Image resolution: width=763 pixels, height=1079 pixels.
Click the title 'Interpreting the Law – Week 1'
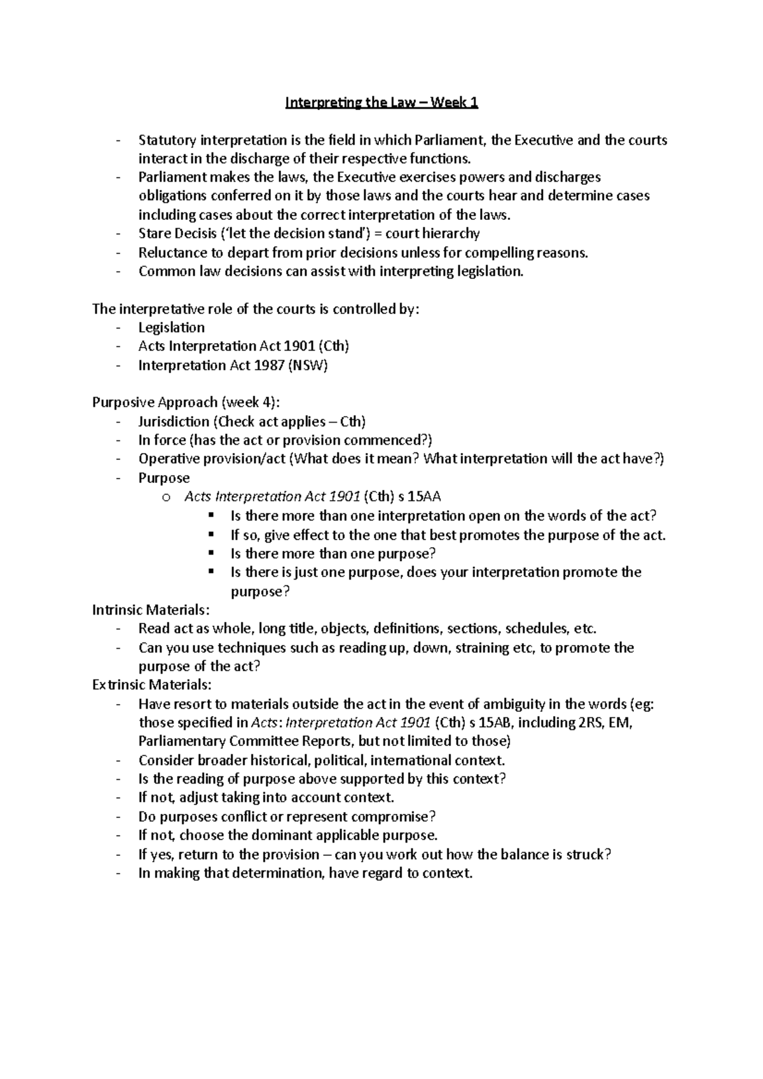pyautogui.click(x=381, y=102)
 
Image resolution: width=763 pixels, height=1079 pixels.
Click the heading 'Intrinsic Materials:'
pyautogui.click(x=150, y=610)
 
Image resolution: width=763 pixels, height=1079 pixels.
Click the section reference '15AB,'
pyautogui.click(x=497, y=723)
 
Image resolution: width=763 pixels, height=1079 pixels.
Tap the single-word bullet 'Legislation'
pyautogui.click(x=172, y=328)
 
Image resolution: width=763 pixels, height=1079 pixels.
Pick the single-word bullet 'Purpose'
pyautogui.click(x=164, y=478)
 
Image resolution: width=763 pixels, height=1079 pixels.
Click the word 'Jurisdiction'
pyautogui.click(x=174, y=422)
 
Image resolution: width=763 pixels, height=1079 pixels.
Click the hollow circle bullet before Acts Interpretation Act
pyautogui.click(x=167, y=498)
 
